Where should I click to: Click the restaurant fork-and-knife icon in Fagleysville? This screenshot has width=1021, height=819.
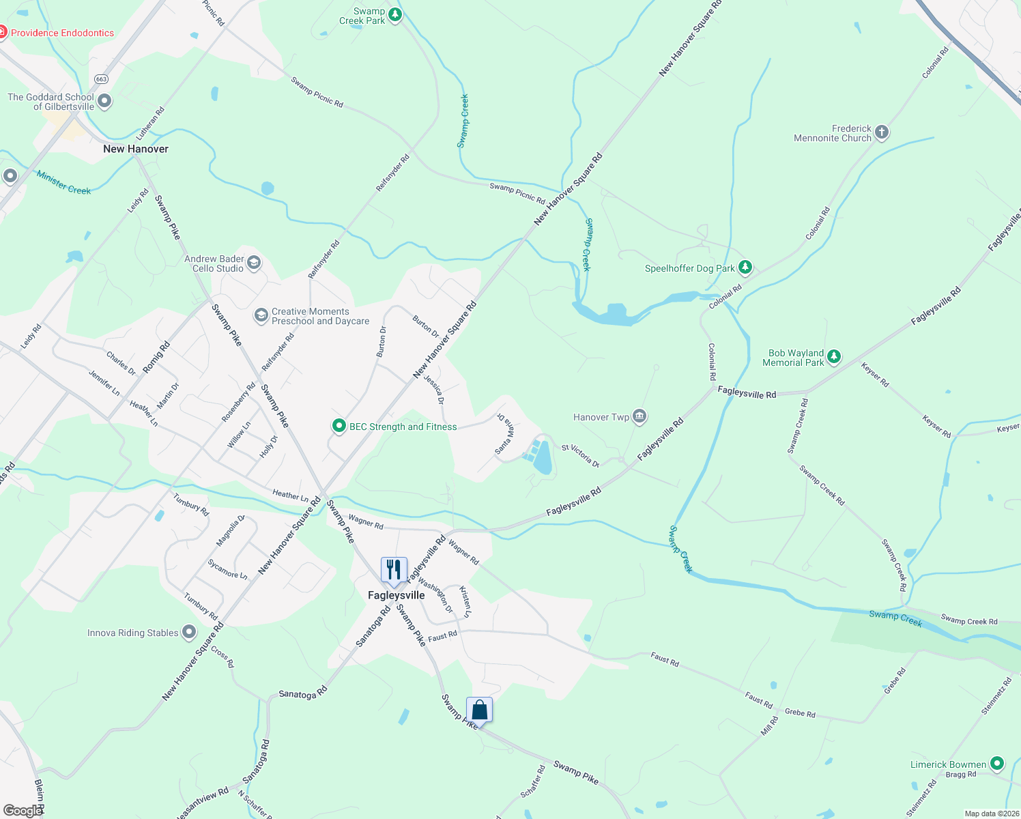394,570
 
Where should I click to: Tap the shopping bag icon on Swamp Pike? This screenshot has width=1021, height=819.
479,710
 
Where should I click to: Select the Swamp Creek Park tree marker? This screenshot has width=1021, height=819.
394,14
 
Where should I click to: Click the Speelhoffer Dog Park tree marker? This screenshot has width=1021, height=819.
745,268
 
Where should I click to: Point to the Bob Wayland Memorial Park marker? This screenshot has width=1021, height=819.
833,357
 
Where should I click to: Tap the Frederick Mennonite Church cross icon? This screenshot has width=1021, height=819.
882,132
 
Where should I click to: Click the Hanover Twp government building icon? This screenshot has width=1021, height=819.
639,416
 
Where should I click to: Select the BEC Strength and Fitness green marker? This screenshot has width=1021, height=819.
339,427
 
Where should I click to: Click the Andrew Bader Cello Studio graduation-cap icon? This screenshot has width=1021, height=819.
254,263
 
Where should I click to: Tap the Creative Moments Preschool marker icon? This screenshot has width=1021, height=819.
261,315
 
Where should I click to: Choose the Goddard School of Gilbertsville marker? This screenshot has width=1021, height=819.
104,102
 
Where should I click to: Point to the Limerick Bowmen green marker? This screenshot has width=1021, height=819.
997,764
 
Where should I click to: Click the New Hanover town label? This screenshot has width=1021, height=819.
136,149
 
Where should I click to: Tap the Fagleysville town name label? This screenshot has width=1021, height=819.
396,595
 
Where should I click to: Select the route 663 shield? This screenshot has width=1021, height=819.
101,79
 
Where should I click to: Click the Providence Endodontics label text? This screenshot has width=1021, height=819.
63,33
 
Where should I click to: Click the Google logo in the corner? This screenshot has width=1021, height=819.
23,810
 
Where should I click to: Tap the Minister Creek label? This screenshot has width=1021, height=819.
63,182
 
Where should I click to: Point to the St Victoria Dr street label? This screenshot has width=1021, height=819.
580,456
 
